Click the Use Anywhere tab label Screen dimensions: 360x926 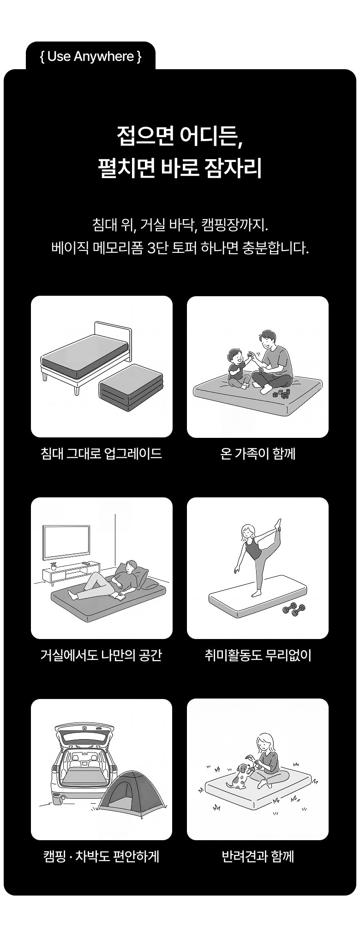point(90,57)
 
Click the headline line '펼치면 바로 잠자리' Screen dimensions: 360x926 point(180,168)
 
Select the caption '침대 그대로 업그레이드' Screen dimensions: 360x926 point(102,454)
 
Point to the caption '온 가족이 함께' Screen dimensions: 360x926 point(258,454)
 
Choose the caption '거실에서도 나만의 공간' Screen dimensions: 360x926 point(102,655)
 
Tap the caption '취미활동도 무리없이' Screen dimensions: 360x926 point(258,655)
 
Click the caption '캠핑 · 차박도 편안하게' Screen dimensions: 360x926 point(102,857)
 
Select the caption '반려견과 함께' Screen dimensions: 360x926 point(258,857)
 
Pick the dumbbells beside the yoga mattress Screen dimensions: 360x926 point(294,609)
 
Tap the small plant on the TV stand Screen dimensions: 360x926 point(54,566)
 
